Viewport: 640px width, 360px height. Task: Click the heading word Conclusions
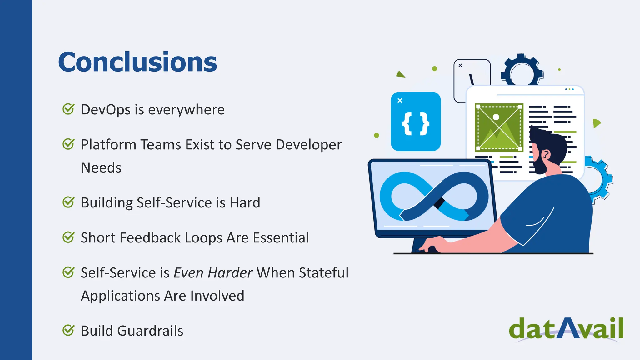[x=137, y=62]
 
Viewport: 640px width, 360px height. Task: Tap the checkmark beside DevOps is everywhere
[x=68, y=109]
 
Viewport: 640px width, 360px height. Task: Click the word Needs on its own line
[x=101, y=168]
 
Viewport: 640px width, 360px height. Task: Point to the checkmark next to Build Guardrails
[x=68, y=330]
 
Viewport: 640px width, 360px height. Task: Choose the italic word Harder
[x=230, y=273]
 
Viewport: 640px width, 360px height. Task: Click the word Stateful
[x=323, y=273]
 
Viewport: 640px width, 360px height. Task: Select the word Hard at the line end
[x=245, y=203]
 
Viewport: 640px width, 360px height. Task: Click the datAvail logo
[x=566, y=329]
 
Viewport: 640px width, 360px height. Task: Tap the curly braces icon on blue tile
[x=416, y=124]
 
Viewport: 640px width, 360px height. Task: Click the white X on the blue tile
[x=400, y=101]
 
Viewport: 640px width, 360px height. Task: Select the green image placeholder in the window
[x=499, y=127]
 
